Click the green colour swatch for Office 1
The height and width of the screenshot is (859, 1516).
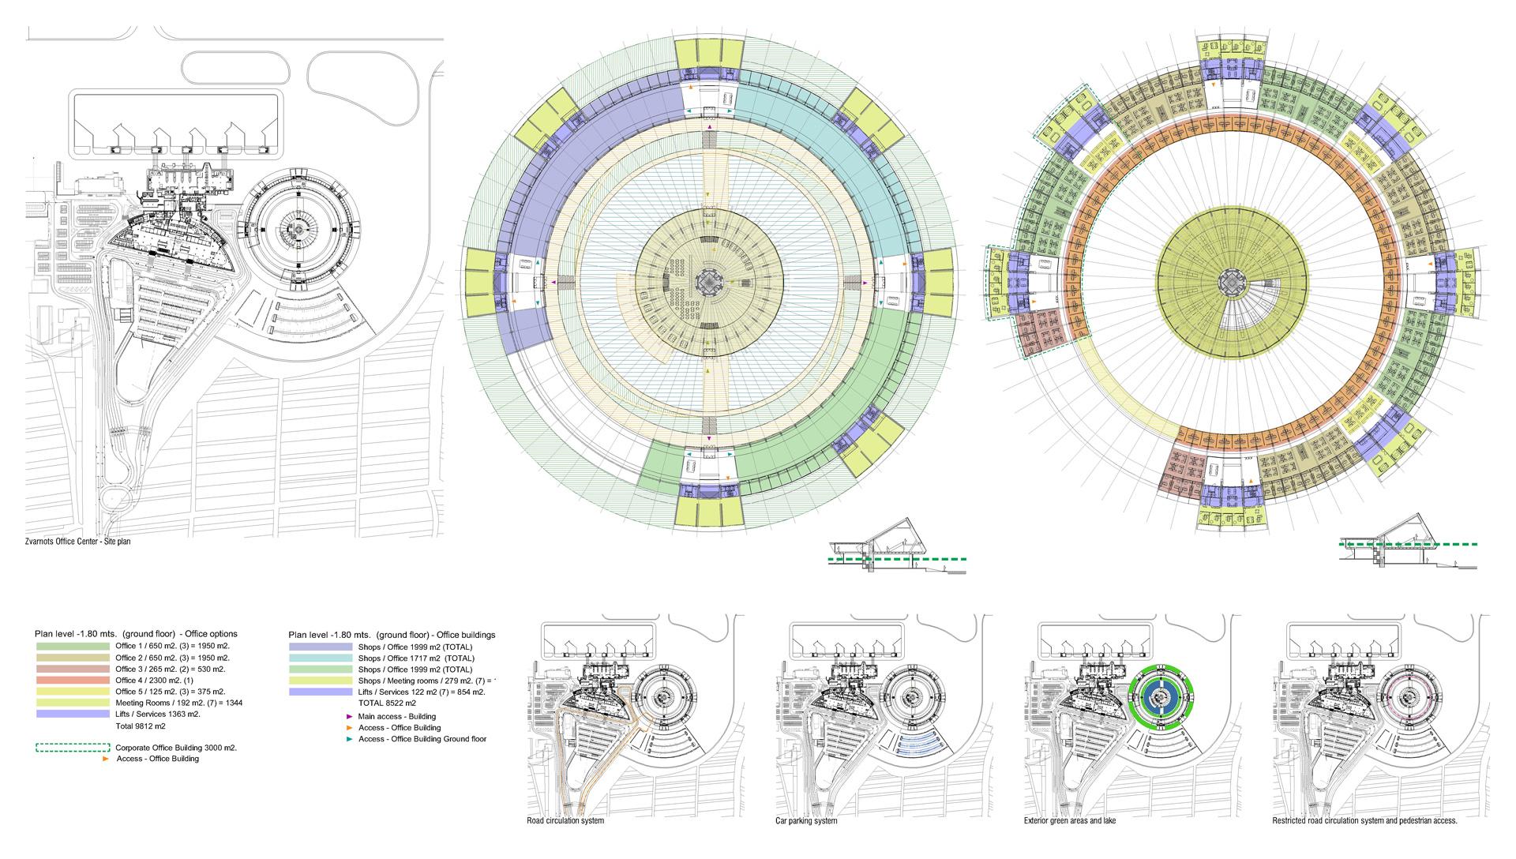[73, 646]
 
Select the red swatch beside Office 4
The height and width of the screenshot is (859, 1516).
[73, 680]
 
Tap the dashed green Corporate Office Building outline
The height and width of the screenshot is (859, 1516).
[73, 747]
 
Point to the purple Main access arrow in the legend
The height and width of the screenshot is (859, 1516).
[350, 716]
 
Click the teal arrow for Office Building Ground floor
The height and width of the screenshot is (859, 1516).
[350, 739]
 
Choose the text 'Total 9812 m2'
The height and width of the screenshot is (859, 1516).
[141, 726]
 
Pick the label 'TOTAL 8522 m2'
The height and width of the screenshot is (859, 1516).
[387, 703]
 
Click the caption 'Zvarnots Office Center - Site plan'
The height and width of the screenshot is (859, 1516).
[77, 542]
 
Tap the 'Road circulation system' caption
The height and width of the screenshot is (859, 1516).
[565, 821]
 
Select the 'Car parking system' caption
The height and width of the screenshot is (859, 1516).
[806, 821]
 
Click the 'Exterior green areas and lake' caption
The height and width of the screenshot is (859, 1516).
[1070, 821]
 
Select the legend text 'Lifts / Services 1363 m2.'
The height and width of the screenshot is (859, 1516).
[158, 714]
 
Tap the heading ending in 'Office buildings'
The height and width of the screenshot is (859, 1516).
[392, 634]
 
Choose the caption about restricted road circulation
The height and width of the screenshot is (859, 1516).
[1365, 821]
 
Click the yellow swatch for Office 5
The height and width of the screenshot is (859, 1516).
[73, 691]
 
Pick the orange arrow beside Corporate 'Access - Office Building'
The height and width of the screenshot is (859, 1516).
[107, 759]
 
